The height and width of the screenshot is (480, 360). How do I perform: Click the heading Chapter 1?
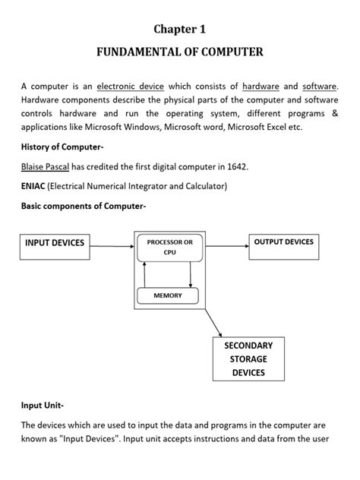pos(179,29)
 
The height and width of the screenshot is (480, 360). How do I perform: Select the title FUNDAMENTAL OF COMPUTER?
pos(179,52)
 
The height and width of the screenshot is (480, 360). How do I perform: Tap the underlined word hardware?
pos(261,87)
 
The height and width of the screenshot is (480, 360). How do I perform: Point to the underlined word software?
pos(320,87)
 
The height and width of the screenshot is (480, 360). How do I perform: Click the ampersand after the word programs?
pos(334,114)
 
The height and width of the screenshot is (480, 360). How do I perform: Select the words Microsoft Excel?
pos(257,128)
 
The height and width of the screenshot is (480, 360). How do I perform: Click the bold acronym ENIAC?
pos(33,186)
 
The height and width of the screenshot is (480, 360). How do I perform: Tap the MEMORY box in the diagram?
pos(168,295)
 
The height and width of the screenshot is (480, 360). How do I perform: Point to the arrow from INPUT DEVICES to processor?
pos(112,244)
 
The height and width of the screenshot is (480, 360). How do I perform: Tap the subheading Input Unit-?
pos(43,406)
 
